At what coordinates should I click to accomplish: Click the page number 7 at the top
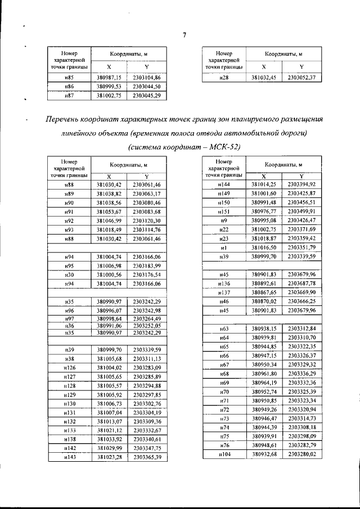click(x=184, y=37)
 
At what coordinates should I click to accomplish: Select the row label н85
click(x=69, y=77)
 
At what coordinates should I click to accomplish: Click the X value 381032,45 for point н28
click(x=264, y=77)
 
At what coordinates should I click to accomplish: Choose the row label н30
click(x=69, y=274)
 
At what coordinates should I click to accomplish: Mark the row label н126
click(x=69, y=367)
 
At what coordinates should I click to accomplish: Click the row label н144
click(x=223, y=184)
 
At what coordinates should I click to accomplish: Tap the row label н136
click(x=223, y=283)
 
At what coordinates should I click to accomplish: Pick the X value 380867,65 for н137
click(x=264, y=292)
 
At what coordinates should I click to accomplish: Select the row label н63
click(x=223, y=328)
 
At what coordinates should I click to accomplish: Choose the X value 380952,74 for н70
click(x=264, y=391)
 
